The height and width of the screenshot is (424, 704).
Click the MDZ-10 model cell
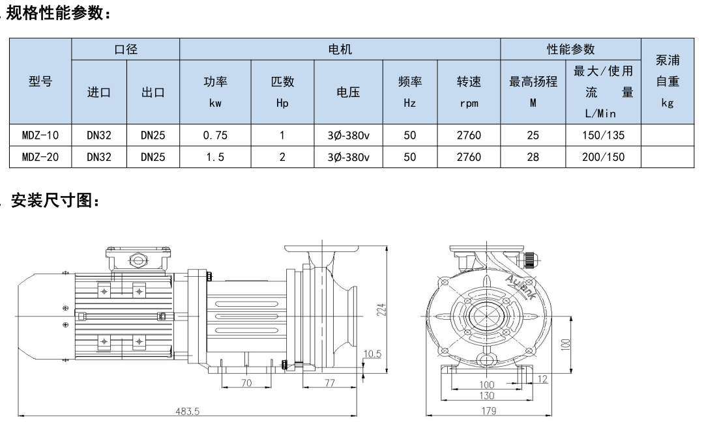[40, 135]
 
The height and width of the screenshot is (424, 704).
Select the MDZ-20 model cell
[40, 157]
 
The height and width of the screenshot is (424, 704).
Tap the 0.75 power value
[214, 135]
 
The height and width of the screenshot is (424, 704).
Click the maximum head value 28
[533, 157]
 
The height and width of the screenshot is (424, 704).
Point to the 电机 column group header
[340, 49]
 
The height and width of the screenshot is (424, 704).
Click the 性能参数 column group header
[570, 49]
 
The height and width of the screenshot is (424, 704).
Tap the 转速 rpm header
[468, 92]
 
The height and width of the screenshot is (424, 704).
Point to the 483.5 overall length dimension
[188, 411]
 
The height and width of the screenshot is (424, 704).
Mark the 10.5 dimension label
[372, 354]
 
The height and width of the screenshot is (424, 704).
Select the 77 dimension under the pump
[330, 384]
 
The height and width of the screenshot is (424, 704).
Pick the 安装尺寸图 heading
[55, 203]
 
